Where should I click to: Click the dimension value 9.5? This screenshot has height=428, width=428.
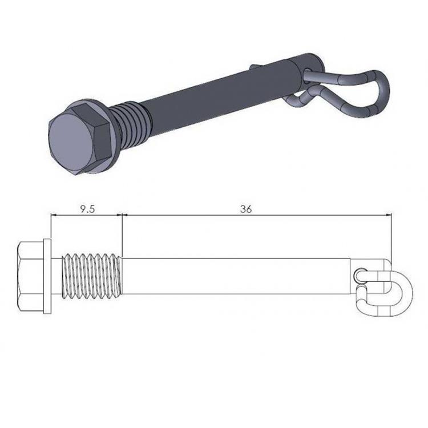coord(87,209)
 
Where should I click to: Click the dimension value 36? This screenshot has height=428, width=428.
coord(246,209)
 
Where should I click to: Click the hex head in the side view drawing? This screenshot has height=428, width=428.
coord(31,276)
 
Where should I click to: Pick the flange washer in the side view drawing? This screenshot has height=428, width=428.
coord(47,276)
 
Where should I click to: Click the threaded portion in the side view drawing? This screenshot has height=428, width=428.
coord(92,276)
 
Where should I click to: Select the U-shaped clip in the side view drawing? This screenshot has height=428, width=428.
coord(394,291)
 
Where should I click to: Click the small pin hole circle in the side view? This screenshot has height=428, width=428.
coord(358,276)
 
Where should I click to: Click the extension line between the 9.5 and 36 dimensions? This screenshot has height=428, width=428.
coord(123,234)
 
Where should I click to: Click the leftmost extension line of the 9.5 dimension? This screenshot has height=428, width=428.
coord(51,228)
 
